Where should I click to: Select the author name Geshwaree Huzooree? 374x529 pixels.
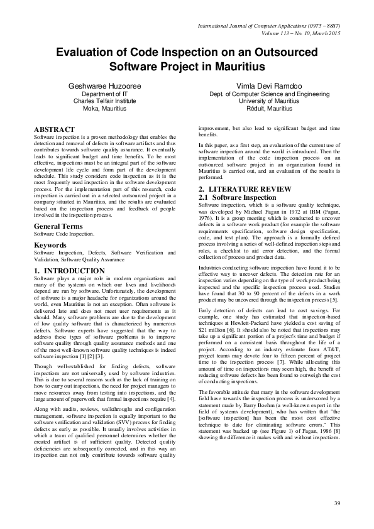pos(104,85)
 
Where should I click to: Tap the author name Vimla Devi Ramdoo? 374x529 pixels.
pos(264,85)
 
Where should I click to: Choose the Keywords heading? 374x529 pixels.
pos(50,244)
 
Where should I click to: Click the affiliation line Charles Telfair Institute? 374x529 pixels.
pos(104,101)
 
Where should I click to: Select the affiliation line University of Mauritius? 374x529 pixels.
pos(264,101)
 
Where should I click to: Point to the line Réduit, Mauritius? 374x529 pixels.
pos(264,107)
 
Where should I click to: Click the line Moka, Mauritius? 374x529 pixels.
pos(104,107)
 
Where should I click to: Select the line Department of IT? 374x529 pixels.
pos(104,94)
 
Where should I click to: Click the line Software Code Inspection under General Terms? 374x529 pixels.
pos(64,233)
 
